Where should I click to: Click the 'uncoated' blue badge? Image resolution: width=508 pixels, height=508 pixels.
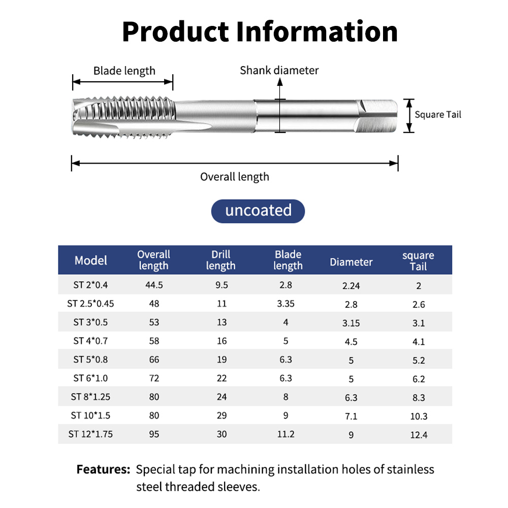(258, 211)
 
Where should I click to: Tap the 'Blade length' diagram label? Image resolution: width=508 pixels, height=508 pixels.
(124, 71)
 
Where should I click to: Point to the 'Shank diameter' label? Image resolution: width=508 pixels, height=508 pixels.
(279, 70)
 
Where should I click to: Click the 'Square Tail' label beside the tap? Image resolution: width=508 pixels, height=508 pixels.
(438, 115)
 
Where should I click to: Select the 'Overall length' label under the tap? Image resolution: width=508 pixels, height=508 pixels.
(235, 177)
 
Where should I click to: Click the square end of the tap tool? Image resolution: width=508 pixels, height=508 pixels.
(378, 116)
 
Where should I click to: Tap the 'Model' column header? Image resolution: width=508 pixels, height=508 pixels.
(91, 261)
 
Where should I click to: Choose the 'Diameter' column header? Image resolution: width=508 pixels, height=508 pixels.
(351, 262)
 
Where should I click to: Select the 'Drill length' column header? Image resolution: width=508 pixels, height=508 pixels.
(221, 260)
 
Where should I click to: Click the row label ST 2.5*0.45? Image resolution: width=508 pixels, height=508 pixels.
(90, 304)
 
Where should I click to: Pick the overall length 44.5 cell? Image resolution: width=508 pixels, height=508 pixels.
(154, 285)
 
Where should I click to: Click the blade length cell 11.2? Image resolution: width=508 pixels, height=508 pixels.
(285, 434)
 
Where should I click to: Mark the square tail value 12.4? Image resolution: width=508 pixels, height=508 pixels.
(419, 435)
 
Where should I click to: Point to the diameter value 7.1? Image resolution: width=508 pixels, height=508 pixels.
(351, 416)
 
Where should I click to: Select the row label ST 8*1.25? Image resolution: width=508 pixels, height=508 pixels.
(90, 397)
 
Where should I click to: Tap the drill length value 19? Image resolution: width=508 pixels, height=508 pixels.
(221, 360)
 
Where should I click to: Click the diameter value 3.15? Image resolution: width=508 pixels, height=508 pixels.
(351, 323)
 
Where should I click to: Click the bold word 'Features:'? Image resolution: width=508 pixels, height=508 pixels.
(103, 469)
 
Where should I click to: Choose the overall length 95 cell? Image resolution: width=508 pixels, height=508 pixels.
(154, 434)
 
